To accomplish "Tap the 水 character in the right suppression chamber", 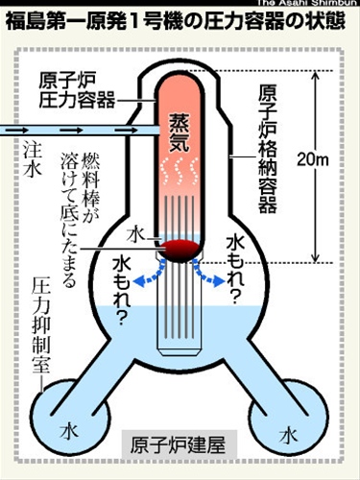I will [288, 434].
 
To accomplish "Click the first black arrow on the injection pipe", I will [41, 125].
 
